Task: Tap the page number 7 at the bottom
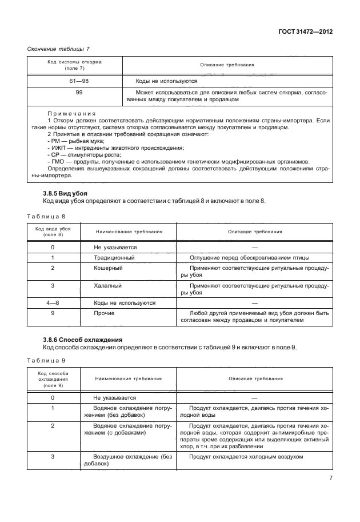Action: pyautogui.click(x=330, y=478)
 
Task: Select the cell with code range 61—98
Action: pyautogui.click(x=75, y=81)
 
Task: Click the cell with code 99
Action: pyautogui.click(x=75, y=91)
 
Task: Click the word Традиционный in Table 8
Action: pyautogui.click(x=114, y=258)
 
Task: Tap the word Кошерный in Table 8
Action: pyautogui.click(x=108, y=268)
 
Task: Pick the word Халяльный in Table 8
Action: pyautogui.click(x=109, y=285)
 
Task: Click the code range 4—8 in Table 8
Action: pyautogui.click(x=53, y=302)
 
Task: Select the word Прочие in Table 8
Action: pyautogui.click(x=104, y=313)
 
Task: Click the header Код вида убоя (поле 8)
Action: pyautogui.click(x=53, y=232)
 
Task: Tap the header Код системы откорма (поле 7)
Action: pyautogui.click(x=75, y=65)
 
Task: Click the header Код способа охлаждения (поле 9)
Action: pyautogui.click(x=53, y=378)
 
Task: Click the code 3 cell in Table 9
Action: pyautogui.click(x=53, y=457)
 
